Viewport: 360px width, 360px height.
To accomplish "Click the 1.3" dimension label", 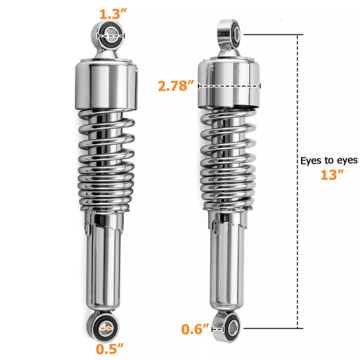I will click(108, 12).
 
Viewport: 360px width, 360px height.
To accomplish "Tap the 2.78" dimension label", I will click(176, 86).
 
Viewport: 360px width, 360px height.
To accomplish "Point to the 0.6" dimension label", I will click(196, 329).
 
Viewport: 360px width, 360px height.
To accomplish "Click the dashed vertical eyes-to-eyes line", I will click(297, 238).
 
